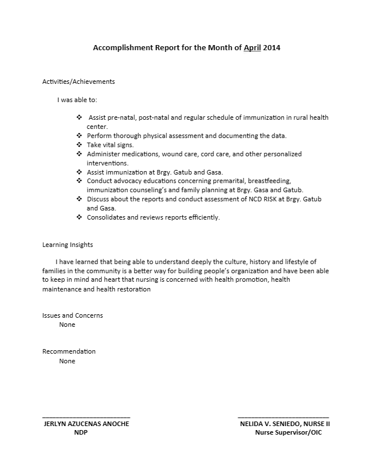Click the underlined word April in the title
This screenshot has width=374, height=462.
point(252,48)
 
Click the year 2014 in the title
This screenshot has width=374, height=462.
point(272,48)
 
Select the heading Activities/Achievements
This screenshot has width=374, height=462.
point(79,82)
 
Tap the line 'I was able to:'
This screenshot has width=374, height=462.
point(77,100)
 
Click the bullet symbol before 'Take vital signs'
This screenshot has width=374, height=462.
point(79,145)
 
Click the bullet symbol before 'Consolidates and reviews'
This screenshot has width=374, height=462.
point(79,217)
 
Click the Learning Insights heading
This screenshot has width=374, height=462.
point(67,245)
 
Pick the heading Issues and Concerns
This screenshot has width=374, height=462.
point(72,315)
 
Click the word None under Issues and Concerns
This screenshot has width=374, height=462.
point(67,325)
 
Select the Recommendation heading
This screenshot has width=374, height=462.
point(69,351)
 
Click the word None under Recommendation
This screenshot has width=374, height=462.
point(67,360)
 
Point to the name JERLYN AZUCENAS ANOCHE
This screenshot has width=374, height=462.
point(87,424)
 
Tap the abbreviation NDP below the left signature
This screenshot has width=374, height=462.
point(81,432)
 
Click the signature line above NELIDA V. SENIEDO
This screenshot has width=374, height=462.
point(283,418)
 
